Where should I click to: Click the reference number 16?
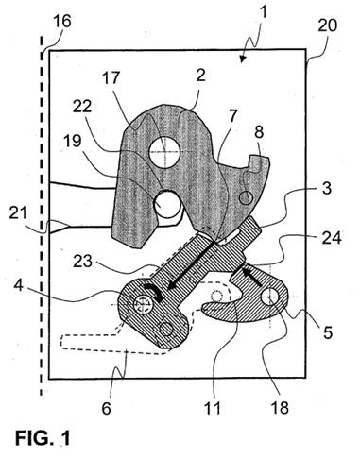point(62,22)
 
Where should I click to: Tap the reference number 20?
point(328,25)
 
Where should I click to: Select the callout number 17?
point(110,77)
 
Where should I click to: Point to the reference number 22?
point(82,107)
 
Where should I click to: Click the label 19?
point(73,141)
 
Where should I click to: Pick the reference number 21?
point(17,214)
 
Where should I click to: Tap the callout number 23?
point(82,262)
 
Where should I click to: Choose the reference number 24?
point(332,239)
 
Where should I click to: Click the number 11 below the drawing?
point(213,408)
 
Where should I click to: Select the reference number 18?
point(280,408)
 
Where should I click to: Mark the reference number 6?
point(107,409)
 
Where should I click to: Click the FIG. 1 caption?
point(43,438)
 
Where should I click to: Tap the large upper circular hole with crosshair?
point(164,152)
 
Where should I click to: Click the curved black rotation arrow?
point(154,292)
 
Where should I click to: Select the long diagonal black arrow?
point(191,265)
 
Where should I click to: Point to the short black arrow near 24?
point(251,276)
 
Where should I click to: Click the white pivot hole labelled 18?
point(271,297)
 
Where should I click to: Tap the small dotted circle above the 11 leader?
point(216,296)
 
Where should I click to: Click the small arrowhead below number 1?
point(242,59)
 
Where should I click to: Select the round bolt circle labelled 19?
point(167,204)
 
